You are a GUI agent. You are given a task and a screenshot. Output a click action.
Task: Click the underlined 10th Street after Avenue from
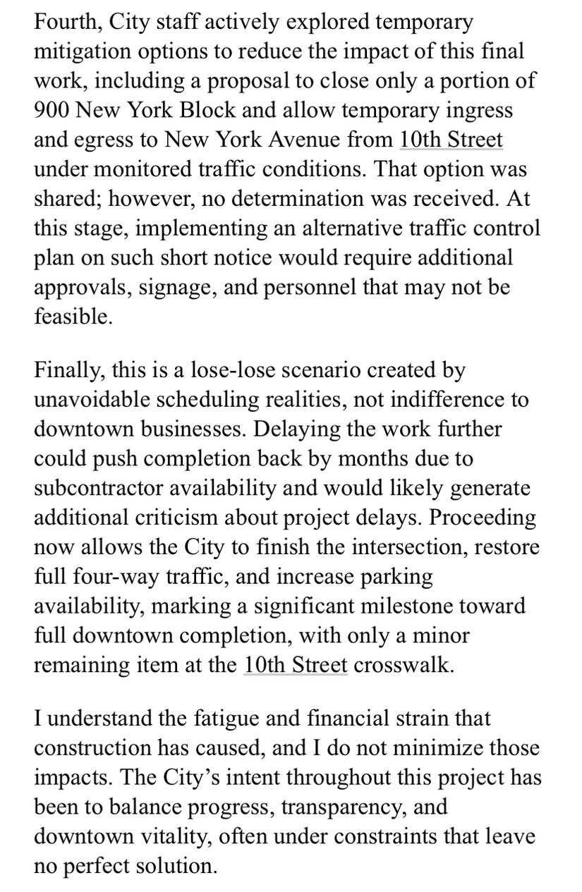(451, 139)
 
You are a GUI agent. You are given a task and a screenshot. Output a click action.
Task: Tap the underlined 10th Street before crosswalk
(296, 665)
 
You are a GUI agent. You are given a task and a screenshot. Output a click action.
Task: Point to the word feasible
(73, 315)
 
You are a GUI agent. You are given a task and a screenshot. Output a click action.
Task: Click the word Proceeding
(483, 518)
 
